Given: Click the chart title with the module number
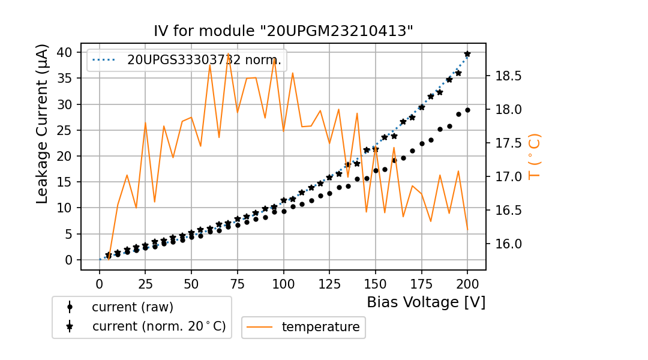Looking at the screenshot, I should pyautogui.click(x=283, y=31).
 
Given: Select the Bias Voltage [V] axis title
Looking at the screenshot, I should pyautogui.click(x=426, y=302).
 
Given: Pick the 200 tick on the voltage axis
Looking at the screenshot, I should pyautogui.click(x=467, y=282).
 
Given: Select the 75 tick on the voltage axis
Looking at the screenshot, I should pyautogui.click(x=238, y=282).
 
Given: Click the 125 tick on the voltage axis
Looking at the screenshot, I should pyautogui.click(x=329, y=282).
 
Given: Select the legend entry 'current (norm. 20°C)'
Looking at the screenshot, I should pyautogui.click(x=158, y=326).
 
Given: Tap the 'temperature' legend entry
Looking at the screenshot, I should pyautogui.click(x=320, y=327).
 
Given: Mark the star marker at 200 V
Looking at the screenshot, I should pyautogui.click(x=467, y=54).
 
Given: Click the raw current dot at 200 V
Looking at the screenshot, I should pyautogui.click(x=467, y=110).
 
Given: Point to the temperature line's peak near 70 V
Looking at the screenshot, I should pyautogui.click(x=229, y=53).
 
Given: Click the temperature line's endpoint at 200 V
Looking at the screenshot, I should pyautogui.click(x=467, y=229).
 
